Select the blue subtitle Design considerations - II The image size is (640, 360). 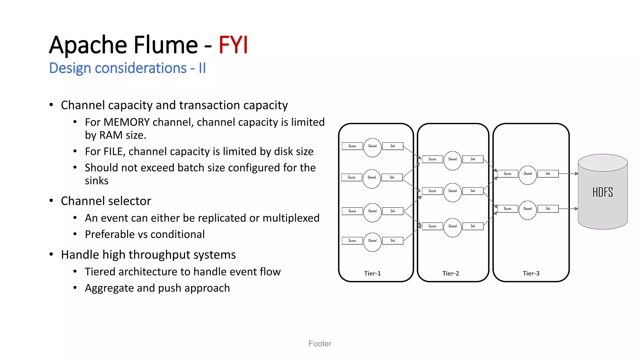point(127,68)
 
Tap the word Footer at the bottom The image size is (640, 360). point(320,343)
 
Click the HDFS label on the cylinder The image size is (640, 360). point(602,192)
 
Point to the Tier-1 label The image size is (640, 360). point(372,273)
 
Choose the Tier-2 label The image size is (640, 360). point(451,273)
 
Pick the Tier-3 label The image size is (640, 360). point(531,273)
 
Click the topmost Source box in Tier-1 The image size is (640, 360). point(352,146)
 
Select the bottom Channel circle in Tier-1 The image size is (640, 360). point(372,241)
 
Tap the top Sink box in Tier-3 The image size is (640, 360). point(548,174)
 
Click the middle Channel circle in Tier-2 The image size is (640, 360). point(452,191)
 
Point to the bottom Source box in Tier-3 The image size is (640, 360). point(507,209)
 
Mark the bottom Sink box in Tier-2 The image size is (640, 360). point(473,226)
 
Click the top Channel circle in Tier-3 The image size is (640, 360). point(527,174)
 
